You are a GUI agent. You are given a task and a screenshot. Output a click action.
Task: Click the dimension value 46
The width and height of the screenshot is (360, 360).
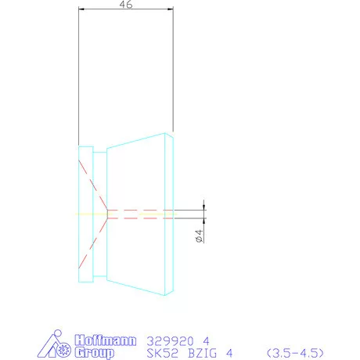point(125,5)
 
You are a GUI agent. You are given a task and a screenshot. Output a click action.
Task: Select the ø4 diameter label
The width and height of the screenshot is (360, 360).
point(199,236)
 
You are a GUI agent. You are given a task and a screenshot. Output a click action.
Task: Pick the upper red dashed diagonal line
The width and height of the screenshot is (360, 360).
point(92,183)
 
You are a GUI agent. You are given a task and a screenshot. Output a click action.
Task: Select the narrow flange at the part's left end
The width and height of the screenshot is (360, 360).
point(86,213)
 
